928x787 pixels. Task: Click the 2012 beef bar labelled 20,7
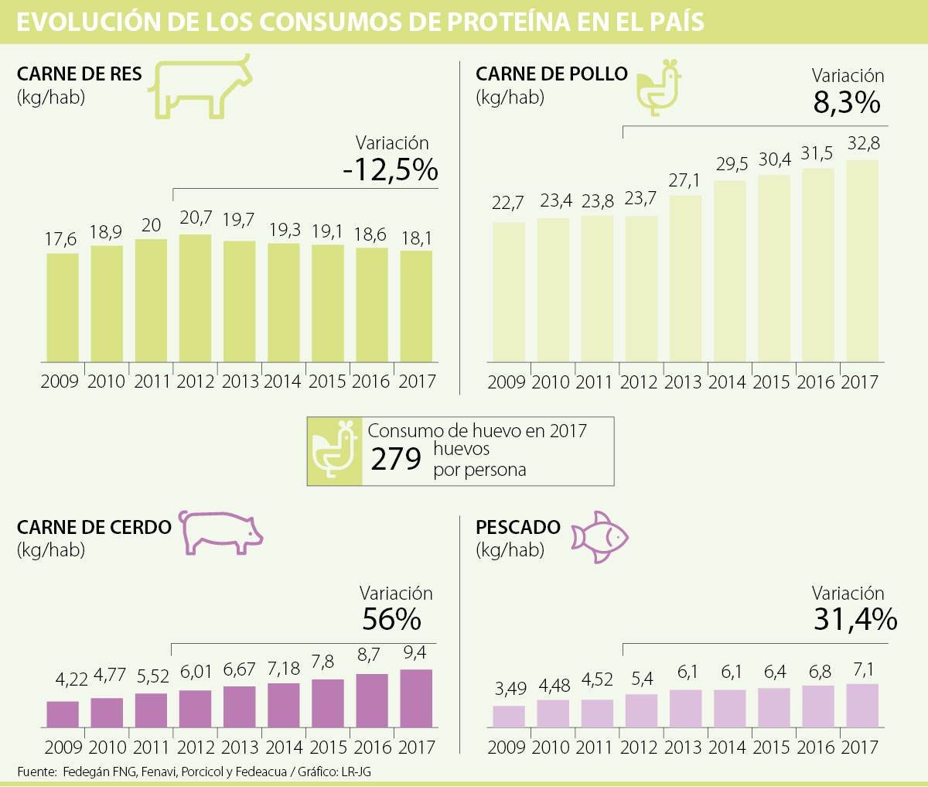coord(195,298)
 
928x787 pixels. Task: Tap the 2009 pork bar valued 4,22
coord(63,714)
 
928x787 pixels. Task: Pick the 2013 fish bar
coord(686,709)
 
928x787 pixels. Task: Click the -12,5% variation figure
coord(391,170)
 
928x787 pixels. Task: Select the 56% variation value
coord(391,619)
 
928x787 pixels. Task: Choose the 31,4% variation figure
coord(855,619)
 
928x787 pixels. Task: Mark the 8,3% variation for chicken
coord(847,102)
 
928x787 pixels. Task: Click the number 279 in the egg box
coord(396,459)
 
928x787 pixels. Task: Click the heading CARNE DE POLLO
coord(551,74)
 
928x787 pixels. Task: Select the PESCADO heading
coord(518,527)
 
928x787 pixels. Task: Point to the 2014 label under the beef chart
coord(282,382)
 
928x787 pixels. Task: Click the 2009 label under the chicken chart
coord(507,382)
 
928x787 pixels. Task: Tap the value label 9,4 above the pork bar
coord(415,654)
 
